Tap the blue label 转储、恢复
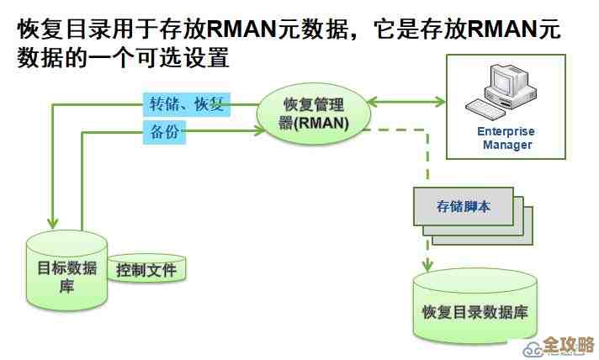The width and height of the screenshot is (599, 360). (186, 104)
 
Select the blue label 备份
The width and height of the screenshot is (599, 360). (163, 132)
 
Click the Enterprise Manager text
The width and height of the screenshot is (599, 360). (506, 138)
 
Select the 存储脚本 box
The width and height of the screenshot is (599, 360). (463, 205)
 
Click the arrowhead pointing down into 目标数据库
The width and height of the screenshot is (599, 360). (53, 222)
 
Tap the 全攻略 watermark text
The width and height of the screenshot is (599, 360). (568, 345)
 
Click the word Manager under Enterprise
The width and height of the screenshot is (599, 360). (506, 145)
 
